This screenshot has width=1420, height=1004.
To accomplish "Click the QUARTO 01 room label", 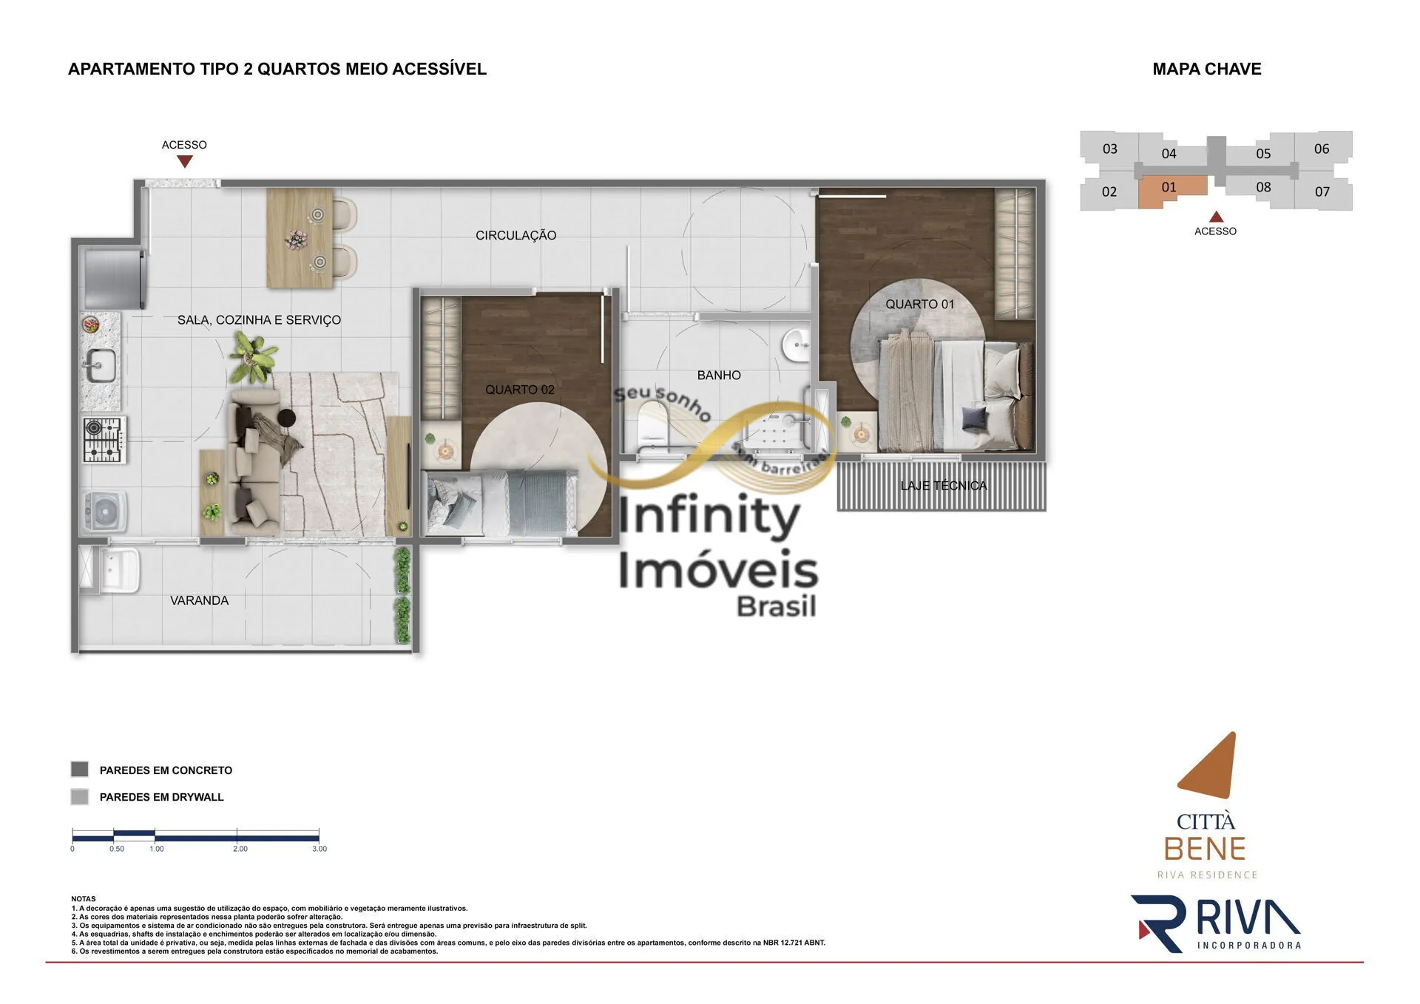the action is pos(919,304).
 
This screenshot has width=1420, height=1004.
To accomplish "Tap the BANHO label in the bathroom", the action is pos(719,375).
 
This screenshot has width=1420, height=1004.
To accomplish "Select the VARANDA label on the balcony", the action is pos(199,600).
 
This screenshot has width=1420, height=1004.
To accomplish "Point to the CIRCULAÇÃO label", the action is pos(515,235).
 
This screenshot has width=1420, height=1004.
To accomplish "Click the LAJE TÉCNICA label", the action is pos(943,486).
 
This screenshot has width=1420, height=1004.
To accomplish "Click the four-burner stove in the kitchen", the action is pos(104,440).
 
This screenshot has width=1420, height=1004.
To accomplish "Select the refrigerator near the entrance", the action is pos(114,279).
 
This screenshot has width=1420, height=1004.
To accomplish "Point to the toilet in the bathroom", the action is pos(652,427).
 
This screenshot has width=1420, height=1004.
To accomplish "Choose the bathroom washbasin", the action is pos(797,345).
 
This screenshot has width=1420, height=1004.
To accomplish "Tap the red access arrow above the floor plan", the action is pos(185,161).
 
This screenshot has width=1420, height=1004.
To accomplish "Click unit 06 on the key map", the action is pos(1322,149).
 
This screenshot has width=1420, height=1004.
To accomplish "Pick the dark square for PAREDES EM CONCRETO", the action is pos(80,770).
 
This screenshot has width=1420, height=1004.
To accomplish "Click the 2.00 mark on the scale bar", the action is pos(240,849).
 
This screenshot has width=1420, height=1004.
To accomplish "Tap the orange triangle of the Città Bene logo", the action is pos(1211,766).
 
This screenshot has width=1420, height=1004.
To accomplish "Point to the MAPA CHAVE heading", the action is pos(1207,69).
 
